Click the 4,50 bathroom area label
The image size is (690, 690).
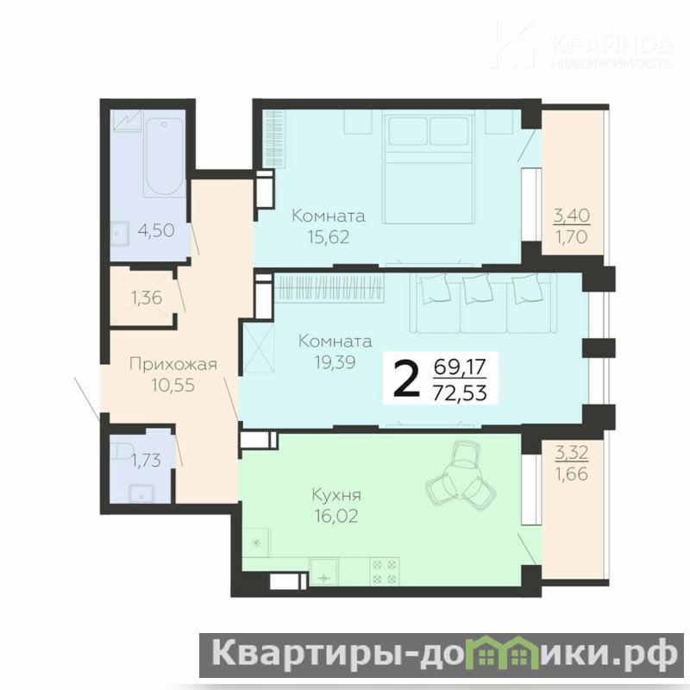156,230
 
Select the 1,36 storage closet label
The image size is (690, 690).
147,298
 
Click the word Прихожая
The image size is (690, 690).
173,364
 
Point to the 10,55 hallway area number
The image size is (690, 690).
173,385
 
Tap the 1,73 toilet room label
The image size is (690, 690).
146,461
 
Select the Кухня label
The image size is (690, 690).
336,495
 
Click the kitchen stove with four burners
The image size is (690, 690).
385,571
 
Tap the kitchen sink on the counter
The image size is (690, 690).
324,572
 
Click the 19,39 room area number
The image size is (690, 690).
335,362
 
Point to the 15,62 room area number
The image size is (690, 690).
329,237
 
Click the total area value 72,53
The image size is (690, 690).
460,392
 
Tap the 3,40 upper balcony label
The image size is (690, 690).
571,216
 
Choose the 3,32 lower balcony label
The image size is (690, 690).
571,452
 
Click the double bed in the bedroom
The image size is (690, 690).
428,168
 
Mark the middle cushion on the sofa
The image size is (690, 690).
477,288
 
